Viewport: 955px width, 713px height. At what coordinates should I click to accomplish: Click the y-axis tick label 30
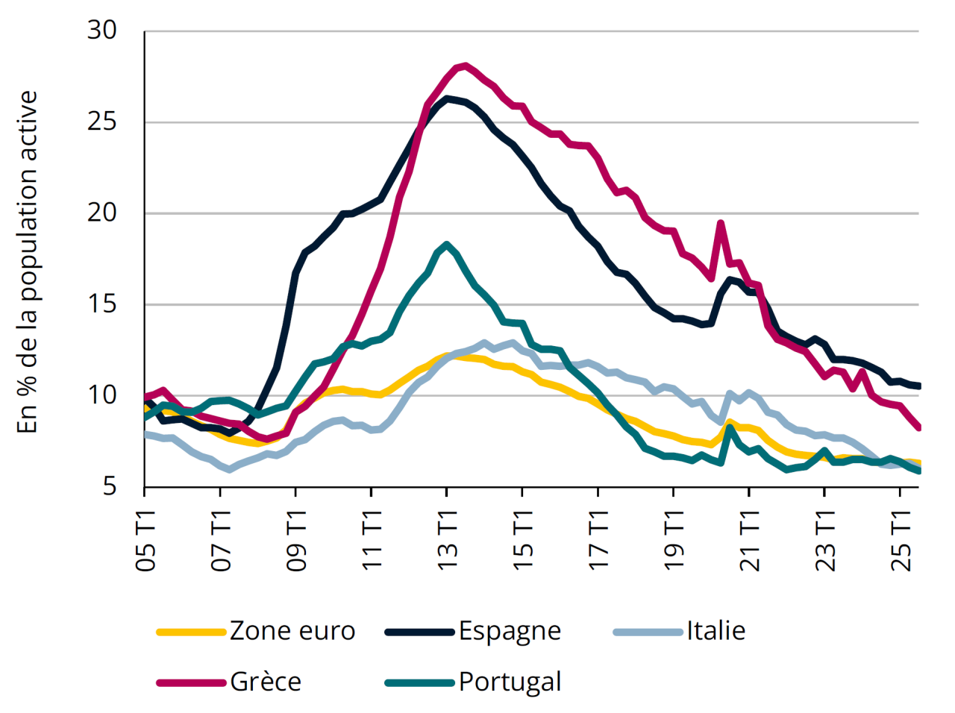102,31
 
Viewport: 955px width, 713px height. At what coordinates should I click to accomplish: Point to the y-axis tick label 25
102,122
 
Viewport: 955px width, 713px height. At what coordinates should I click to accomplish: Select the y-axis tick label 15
102,304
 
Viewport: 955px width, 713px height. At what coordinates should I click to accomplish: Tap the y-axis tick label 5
110,486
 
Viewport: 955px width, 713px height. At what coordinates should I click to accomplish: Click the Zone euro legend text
292,631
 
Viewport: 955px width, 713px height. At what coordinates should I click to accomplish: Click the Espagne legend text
510,631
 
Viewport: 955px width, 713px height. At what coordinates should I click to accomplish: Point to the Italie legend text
716,631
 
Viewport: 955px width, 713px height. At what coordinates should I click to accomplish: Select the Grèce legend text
266,682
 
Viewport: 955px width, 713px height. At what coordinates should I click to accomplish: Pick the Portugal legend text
510,682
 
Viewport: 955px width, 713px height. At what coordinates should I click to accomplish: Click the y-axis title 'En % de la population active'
28,261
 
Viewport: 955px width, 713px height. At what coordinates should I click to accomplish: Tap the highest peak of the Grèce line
466,66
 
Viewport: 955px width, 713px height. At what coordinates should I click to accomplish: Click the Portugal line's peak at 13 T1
446,245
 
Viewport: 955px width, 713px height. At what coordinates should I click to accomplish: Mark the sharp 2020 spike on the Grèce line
721,223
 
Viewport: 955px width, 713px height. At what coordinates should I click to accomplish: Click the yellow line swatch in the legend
191,632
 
